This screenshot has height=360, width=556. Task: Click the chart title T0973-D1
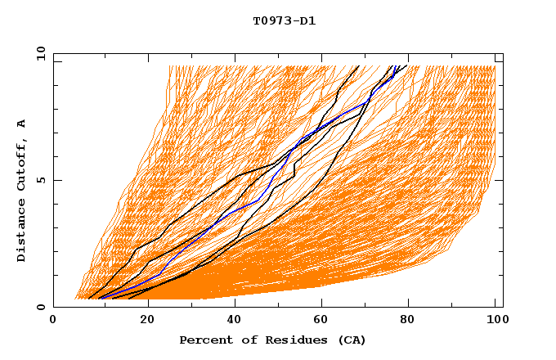click(284, 20)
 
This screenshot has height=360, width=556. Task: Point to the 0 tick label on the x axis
click(53, 321)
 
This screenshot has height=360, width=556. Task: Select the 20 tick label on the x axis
click(147, 321)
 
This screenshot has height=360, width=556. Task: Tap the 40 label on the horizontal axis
click(235, 321)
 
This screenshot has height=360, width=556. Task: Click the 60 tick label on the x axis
click(324, 321)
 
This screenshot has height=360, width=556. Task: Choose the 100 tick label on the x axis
click(495, 321)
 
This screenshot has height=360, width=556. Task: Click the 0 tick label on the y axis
click(40, 308)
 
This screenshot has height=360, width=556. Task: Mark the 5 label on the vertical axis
click(40, 180)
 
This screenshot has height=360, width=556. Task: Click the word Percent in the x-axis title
click(205, 340)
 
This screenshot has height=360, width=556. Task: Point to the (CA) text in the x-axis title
click(352, 340)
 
